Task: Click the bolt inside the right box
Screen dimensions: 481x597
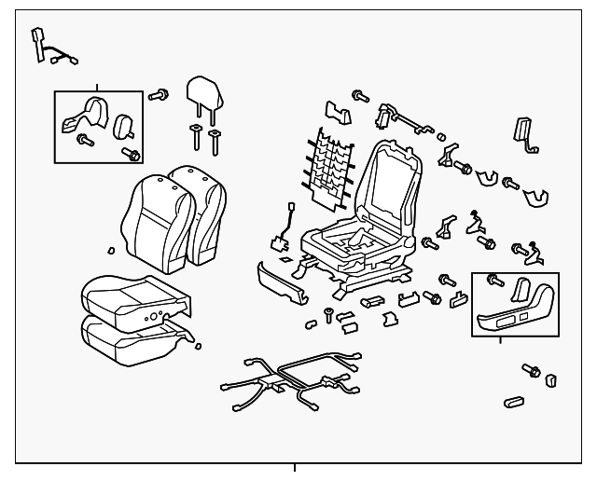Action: tap(495, 281)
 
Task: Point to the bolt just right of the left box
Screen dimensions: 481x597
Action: tap(160, 94)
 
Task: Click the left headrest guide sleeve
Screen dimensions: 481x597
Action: tap(196, 137)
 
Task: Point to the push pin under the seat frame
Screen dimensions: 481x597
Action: tap(328, 313)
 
